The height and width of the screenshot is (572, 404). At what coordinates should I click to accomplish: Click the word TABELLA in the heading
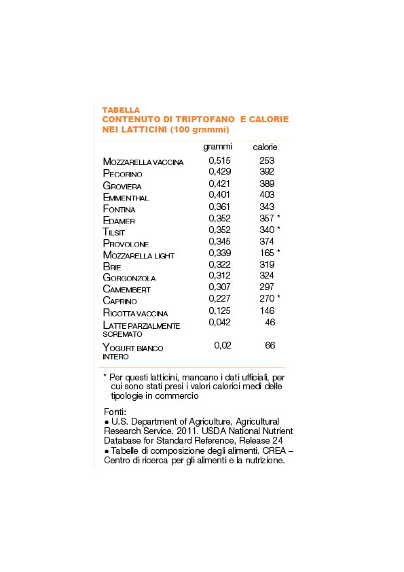click(x=121, y=109)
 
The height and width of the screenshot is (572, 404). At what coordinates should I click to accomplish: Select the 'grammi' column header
click(x=217, y=147)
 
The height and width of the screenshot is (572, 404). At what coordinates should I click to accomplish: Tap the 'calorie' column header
click(x=265, y=147)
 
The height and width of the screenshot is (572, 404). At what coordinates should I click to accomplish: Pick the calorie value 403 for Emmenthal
click(x=267, y=195)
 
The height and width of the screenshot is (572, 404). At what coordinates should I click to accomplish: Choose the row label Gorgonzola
click(x=129, y=278)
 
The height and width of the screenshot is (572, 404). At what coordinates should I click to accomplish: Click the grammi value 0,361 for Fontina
click(x=219, y=207)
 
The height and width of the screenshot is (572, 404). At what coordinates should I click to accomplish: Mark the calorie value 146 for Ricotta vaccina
click(x=267, y=310)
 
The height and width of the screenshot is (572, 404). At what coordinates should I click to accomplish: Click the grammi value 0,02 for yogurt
click(x=223, y=345)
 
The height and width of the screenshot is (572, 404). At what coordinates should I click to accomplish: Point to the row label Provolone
click(x=126, y=243)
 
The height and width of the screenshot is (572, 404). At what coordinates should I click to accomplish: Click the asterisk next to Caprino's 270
click(x=278, y=298)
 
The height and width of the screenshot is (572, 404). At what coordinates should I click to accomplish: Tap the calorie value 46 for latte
click(x=270, y=322)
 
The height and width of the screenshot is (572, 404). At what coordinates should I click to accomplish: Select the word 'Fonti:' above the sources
click(x=115, y=412)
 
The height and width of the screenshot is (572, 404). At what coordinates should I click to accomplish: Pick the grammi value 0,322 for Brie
click(x=219, y=264)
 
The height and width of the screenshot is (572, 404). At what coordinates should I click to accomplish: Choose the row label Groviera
click(x=123, y=185)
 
